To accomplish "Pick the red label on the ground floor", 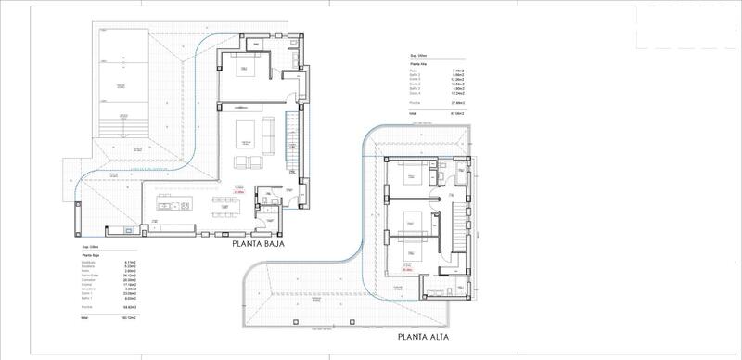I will [x=238, y=191].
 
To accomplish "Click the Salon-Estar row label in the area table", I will [x=91, y=275].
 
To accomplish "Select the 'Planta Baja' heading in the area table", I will [x=91, y=253].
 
